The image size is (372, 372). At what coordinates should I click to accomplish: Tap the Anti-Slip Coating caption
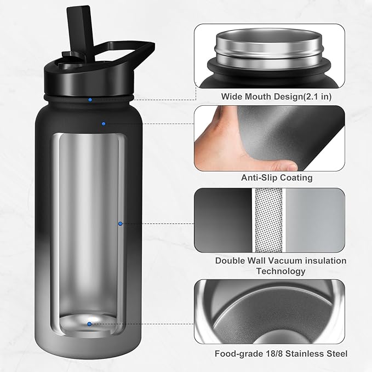point(277,178)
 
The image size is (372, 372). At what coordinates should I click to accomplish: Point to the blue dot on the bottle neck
point(90,100)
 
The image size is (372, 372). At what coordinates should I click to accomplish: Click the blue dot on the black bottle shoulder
point(103,124)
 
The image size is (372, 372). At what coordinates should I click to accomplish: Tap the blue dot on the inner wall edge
point(120,224)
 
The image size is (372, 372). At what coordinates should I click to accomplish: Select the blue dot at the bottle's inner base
point(89,324)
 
